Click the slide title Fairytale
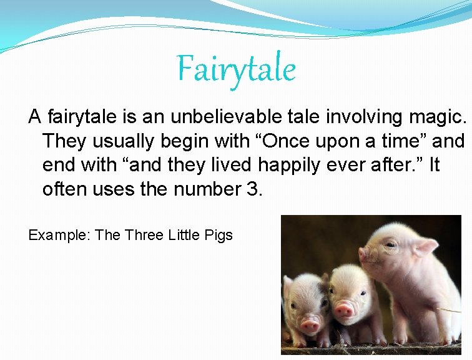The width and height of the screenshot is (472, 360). point(235,69)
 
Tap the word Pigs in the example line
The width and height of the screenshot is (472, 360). point(219,235)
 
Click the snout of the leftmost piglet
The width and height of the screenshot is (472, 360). point(310,324)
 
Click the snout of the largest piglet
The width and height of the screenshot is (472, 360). point(365,254)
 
